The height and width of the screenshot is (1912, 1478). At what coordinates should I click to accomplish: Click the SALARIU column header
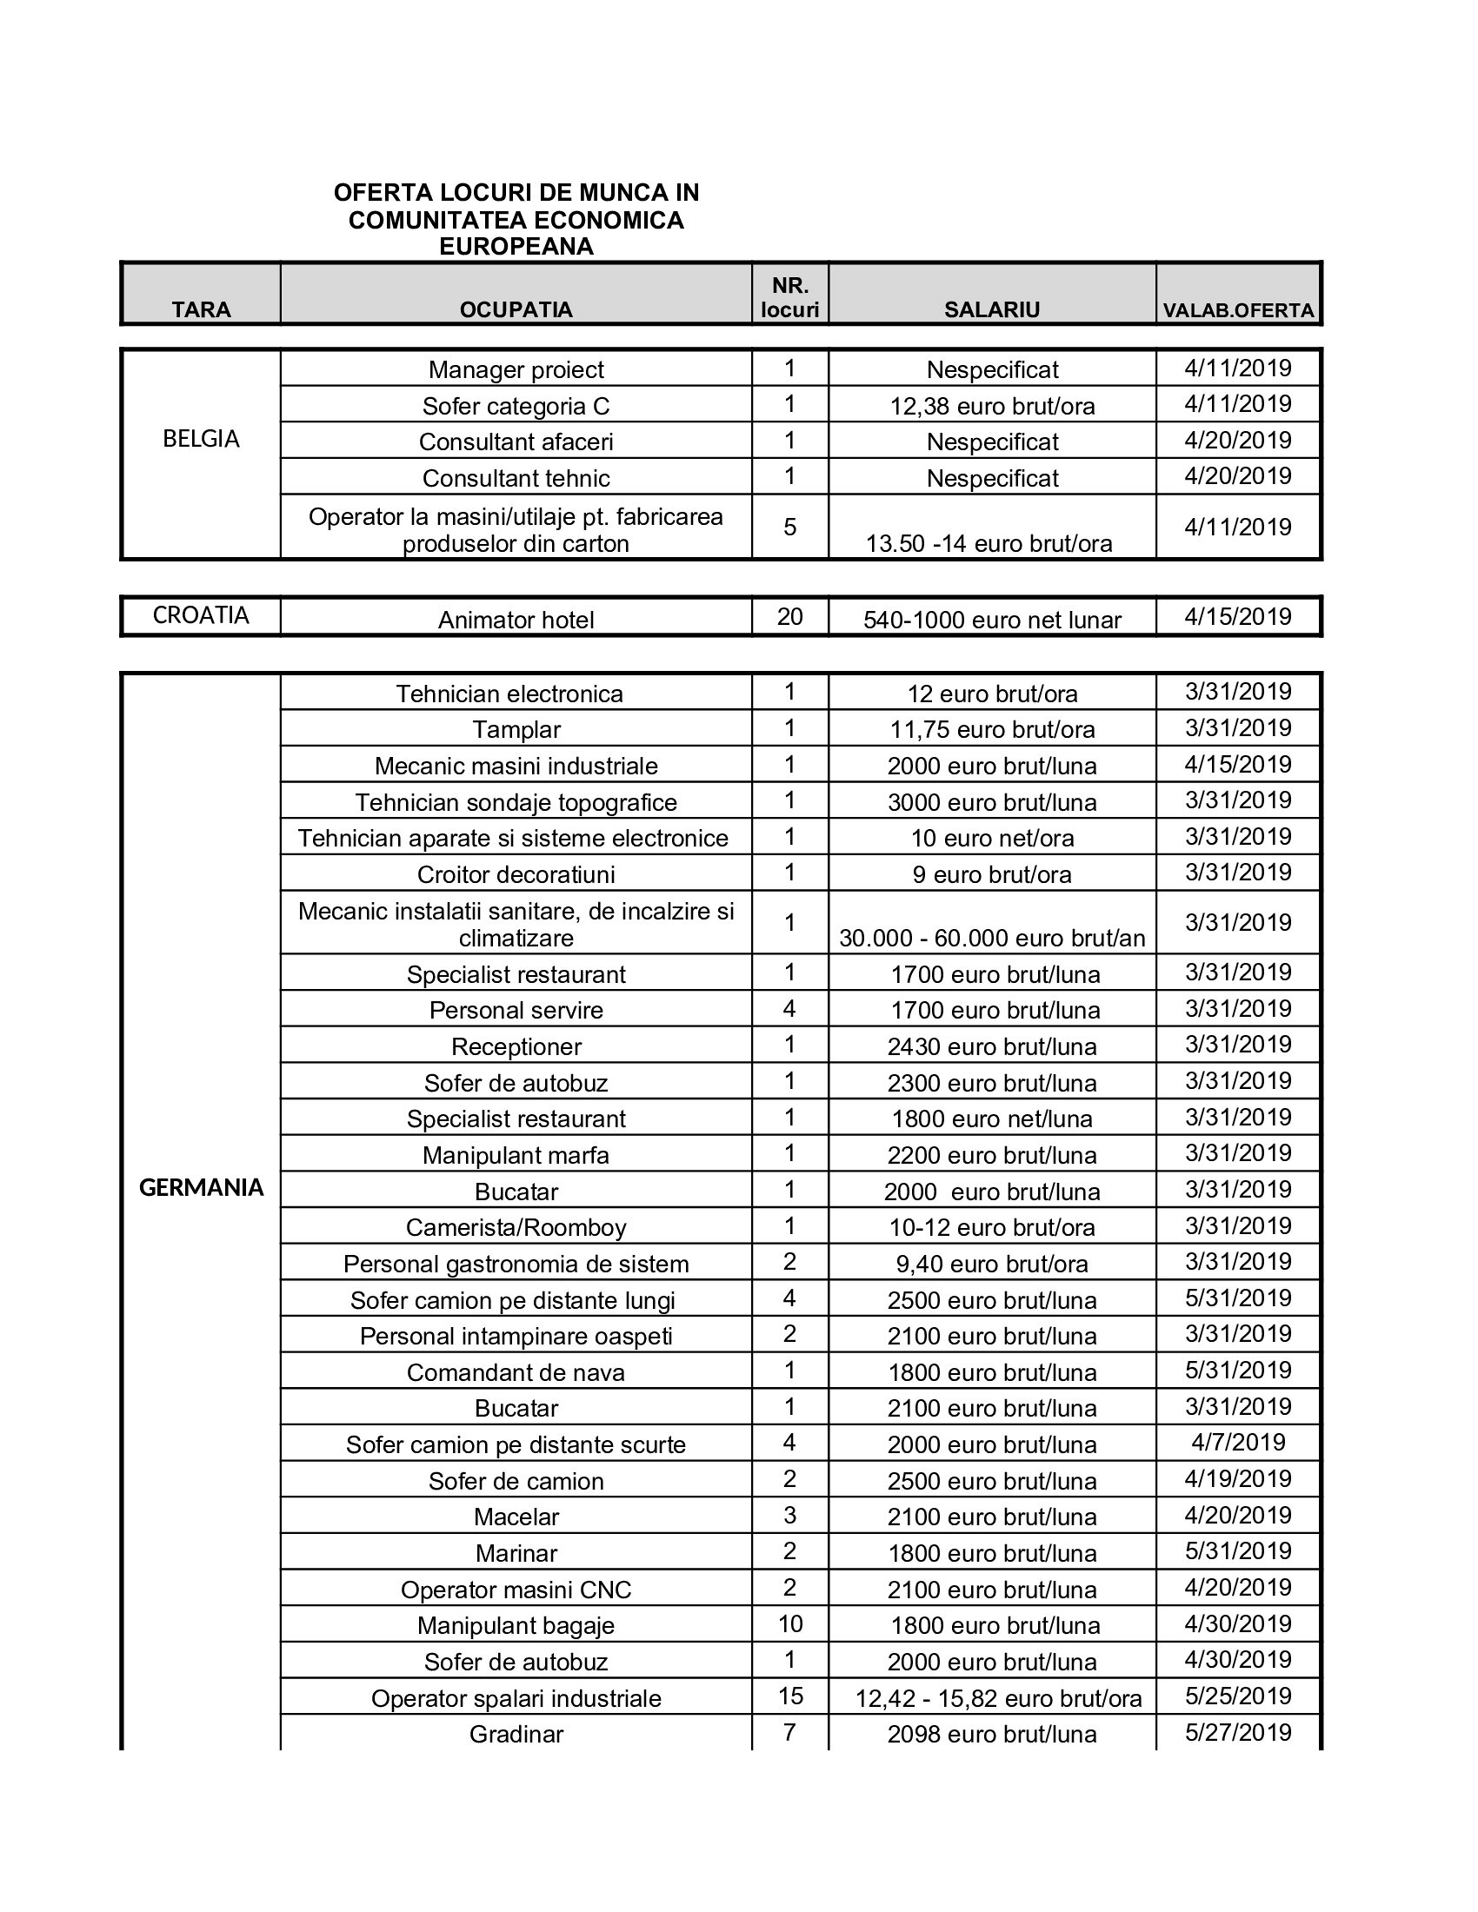click(x=991, y=310)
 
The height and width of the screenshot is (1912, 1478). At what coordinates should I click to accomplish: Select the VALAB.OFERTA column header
click(x=1237, y=311)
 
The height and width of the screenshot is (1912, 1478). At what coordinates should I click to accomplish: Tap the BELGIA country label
click(x=201, y=439)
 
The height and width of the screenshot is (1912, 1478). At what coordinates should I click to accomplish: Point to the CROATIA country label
click(x=201, y=615)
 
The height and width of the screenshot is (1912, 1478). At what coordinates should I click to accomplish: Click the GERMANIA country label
click(x=201, y=1187)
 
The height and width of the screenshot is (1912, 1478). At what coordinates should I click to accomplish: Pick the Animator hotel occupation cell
click(x=516, y=620)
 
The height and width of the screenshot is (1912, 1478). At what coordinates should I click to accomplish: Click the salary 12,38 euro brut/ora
click(x=992, y=406)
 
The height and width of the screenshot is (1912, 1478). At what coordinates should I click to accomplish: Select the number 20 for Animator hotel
click(x=789, y=617)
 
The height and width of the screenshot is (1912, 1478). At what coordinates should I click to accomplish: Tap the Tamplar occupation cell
click(x=516, y=729)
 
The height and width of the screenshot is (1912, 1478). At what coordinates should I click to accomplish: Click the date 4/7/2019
click(x=1237, y=1442)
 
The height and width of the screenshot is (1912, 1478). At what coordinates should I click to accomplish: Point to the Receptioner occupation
click(x=516, y=1046)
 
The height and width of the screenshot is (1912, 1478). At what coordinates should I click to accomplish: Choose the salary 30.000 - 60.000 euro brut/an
click(x=992, y=939)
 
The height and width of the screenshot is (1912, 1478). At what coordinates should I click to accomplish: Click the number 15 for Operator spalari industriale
click(x=789, y=1696)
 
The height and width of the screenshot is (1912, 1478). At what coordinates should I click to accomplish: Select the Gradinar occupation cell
click(x=516, y=1734)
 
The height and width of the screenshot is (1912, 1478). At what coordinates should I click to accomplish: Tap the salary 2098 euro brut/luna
click(x=992, y=1735)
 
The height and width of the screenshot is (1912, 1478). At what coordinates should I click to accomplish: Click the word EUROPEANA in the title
click(x=516, y=247)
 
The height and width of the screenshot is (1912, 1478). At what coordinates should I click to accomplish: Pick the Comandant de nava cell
click(x=516, y=1371)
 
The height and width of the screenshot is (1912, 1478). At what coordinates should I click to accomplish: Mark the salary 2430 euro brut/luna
click(x=992, y=1047)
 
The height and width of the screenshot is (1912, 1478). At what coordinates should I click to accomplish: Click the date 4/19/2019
click(x=1237, y=1478)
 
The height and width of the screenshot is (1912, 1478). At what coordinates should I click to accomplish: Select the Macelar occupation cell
click(x=516, y=1517)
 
